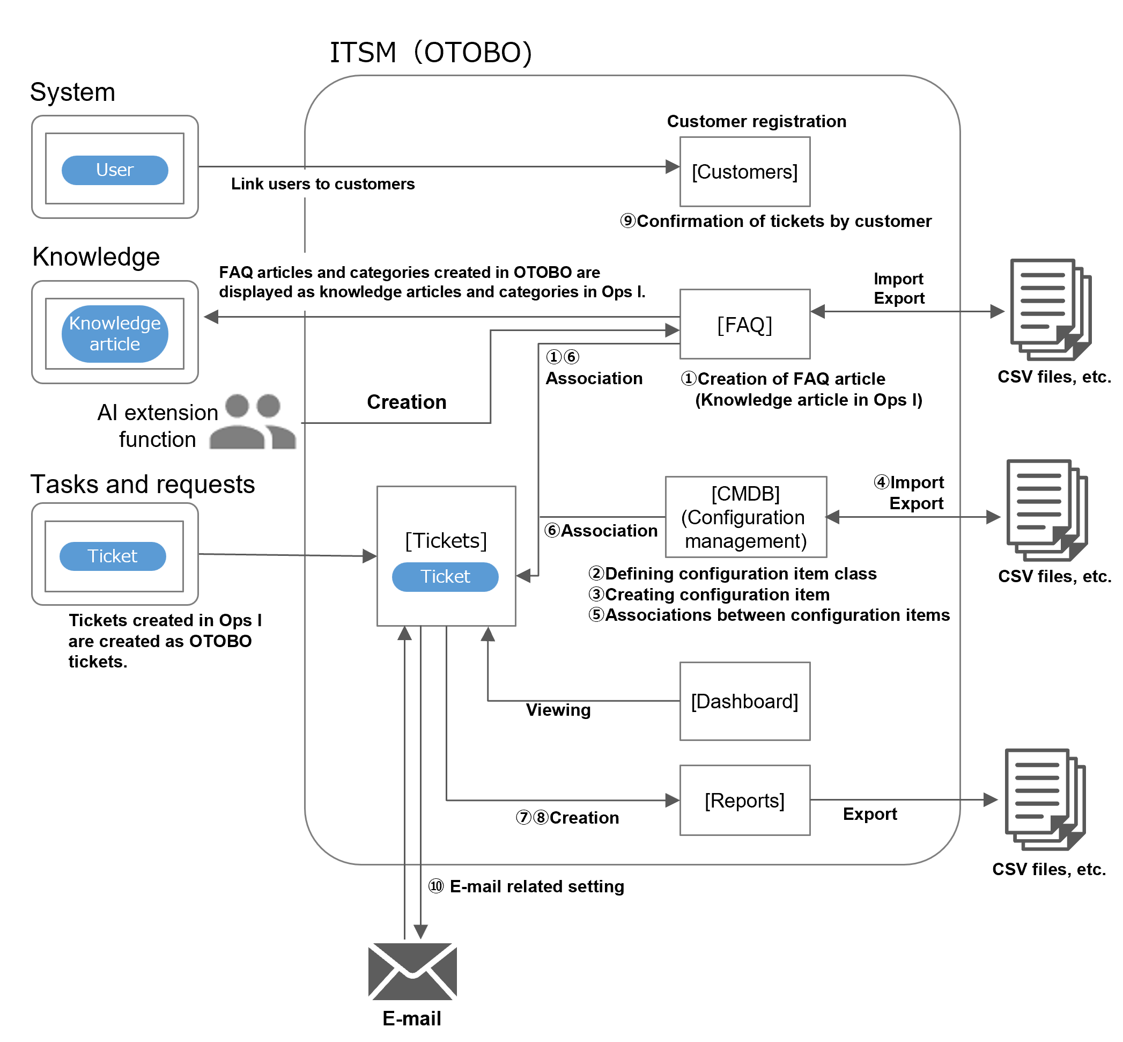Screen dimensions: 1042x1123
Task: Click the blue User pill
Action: pos(114,170)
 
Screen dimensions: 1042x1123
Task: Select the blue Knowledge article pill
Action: pos(114,333)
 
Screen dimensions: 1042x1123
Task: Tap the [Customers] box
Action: pos(744,171)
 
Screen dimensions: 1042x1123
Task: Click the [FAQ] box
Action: pos(744,324)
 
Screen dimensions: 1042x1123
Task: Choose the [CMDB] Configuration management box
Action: pos(745,517)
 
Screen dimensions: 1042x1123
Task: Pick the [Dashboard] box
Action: pos(744,701)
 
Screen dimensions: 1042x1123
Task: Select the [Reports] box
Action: pos(744,800)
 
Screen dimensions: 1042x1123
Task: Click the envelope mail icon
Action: pos(412,971)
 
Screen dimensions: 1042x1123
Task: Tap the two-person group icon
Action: pos(253,422)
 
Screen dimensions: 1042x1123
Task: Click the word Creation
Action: pos(407,401)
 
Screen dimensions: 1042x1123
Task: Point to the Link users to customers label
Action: pos(323,184)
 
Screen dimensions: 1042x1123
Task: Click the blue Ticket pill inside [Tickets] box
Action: pos(445,576)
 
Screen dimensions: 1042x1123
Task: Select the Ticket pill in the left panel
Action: pos(113,556)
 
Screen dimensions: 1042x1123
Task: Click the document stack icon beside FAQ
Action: pos(1050,310)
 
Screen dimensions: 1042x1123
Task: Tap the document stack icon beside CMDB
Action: pos(1046,510)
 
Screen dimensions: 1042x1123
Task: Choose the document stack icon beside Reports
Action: pos(1045,799)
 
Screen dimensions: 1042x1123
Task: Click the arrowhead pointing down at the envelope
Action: pos(420,932)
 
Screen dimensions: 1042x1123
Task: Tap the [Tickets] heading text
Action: pos(446,540)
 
